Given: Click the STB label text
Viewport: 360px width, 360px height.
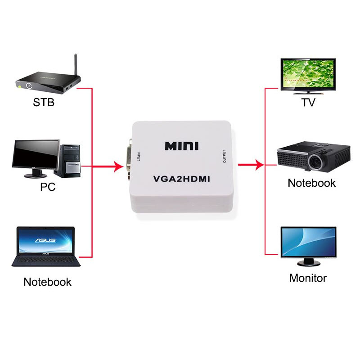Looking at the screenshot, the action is (44, 103).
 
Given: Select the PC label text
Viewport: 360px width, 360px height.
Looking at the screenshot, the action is (48, 187).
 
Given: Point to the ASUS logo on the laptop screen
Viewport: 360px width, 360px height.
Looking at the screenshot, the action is (45, 240).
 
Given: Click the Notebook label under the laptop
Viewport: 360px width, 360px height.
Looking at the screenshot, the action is (48, 282).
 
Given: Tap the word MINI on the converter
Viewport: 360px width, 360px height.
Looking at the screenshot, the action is (182, 146).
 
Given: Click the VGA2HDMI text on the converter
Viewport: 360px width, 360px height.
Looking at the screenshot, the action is (182, 179).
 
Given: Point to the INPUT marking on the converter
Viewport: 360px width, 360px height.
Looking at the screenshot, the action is (139, 156).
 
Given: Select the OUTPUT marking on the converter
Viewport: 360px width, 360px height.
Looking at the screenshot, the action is (224, 157).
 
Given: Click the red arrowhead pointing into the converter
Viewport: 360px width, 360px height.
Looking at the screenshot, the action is (119, 166).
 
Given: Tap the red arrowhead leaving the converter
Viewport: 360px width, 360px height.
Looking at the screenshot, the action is (260, 165).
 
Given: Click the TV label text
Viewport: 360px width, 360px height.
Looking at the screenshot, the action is (308, 103).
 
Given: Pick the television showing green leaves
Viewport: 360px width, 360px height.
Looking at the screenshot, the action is (308, 76).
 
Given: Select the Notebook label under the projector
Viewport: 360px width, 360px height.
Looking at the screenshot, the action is (312, 183).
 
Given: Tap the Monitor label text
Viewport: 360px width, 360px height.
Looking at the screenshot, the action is (308, 278).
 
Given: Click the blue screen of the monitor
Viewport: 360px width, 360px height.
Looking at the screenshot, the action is (309, 242).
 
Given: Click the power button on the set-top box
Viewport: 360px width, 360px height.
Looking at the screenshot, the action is (29, 85).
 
